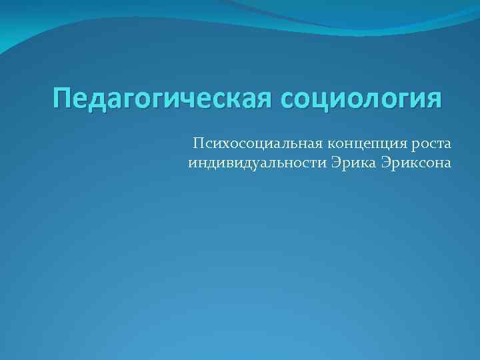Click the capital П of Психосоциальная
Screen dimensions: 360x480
tap(198, 143)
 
